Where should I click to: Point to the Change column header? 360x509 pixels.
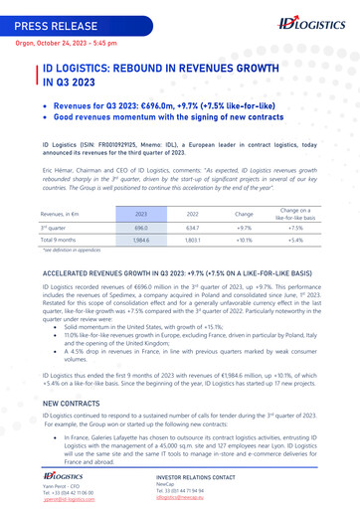[244, 214]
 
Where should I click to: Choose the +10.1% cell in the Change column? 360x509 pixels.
[244, 241]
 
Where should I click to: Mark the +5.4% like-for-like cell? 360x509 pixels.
[294, 241]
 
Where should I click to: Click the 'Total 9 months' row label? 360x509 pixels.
[59, 241]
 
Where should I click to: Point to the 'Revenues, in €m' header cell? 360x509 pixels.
[61, 214]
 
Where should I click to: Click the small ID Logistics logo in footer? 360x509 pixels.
[63, 477]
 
